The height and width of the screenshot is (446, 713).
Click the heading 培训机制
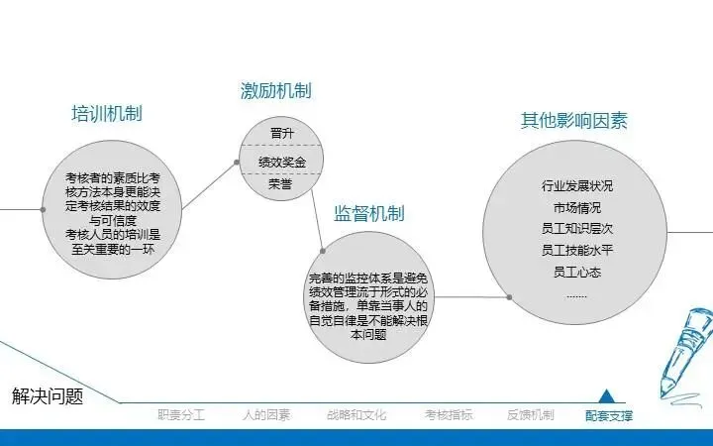pyautogui.click(x=107, y=113)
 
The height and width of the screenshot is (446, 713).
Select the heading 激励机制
pyautogui.click(x=275, y=91)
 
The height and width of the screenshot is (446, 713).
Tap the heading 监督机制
pyautogui.click(x=368, y=213)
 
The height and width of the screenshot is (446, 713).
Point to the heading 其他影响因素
pyautogui.click(x=574, y=121)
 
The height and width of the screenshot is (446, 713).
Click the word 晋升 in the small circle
pyautogui.click(x=281, y=134)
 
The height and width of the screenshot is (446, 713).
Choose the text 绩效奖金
pyautogui.click(x=281, y=161)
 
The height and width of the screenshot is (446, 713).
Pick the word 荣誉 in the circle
pyautogui.click(x=281, y=184)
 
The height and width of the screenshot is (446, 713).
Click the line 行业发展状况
pyautogui.click(x=577, y=185)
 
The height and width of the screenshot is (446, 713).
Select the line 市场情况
pyautogui.click(x=577, y=207)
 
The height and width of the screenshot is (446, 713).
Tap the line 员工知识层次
pyautogui.click(x=577, y=229)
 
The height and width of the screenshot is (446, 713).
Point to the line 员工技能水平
pyautogui.click(x=577, y=251)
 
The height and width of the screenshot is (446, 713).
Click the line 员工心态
pyautogui.click(x=577, y=272)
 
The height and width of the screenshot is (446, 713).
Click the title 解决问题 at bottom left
pyautogui.click(x=48, y=395)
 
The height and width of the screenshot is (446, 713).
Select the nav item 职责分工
pyautogui.click(x=180, y=415)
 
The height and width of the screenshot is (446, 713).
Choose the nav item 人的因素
pyautogui.click(x=266, y=415)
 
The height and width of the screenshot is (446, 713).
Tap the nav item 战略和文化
pyautogui.click(x=356, y=415)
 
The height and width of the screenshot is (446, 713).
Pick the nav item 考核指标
pyautogui.click(x=449, y=415)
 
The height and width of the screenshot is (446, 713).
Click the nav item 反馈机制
pyautogui.click(x=530, y=415)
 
